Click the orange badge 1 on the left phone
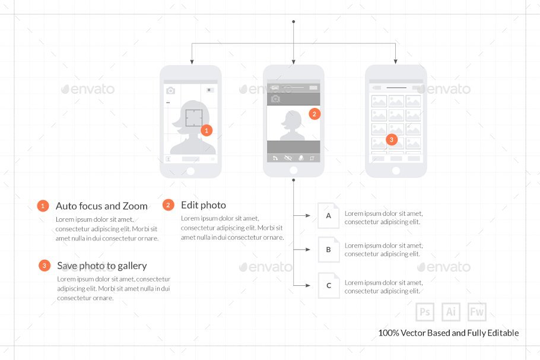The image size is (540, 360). coord(207,130)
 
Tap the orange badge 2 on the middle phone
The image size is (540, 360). coord(315,114)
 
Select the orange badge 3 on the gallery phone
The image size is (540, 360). coord(391,140)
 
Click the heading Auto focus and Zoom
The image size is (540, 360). coord(101,206)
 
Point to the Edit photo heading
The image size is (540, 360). coord(204,205)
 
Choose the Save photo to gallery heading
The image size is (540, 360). coord(102,266)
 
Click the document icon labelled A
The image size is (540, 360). coord(329,216)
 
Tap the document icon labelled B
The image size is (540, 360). coord(329,250)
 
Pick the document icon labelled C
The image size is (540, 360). coord(329,286)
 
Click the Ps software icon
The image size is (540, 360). coord(425,312)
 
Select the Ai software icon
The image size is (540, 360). coord(451,312)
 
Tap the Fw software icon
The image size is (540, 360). coord(477,312)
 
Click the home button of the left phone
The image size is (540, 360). coord(190,171)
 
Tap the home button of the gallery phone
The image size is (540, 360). coord(396,170)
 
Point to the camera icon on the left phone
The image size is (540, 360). coord(170,91)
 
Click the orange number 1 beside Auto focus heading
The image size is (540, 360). coord(43,206)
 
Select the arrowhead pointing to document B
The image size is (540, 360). coord(307,250)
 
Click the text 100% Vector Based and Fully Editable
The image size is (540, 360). coord(449,333)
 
